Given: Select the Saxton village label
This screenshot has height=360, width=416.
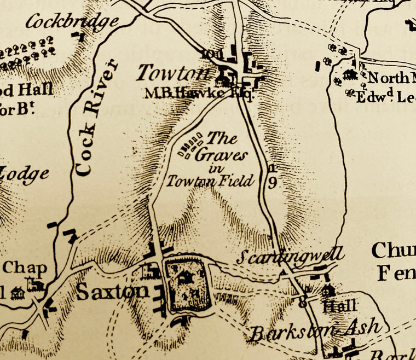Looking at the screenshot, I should pyautogui.click(x=112, y=292).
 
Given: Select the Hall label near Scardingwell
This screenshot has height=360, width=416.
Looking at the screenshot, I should pyautogui.click(x=339, y=305).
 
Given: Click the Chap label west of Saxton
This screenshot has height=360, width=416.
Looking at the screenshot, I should pyautogui.click(x=25, y=268).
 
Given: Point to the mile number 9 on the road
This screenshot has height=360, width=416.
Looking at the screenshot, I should pyautogui.click(x=272, y=183).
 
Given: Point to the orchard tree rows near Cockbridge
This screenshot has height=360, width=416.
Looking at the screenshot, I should pyautogui.click(x=27, y=53).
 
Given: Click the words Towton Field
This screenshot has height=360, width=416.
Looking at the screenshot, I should pyautogui.click(x=211, y=180).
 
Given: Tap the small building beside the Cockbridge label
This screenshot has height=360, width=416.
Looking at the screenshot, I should pyautogui.click(x=80, y=37).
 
